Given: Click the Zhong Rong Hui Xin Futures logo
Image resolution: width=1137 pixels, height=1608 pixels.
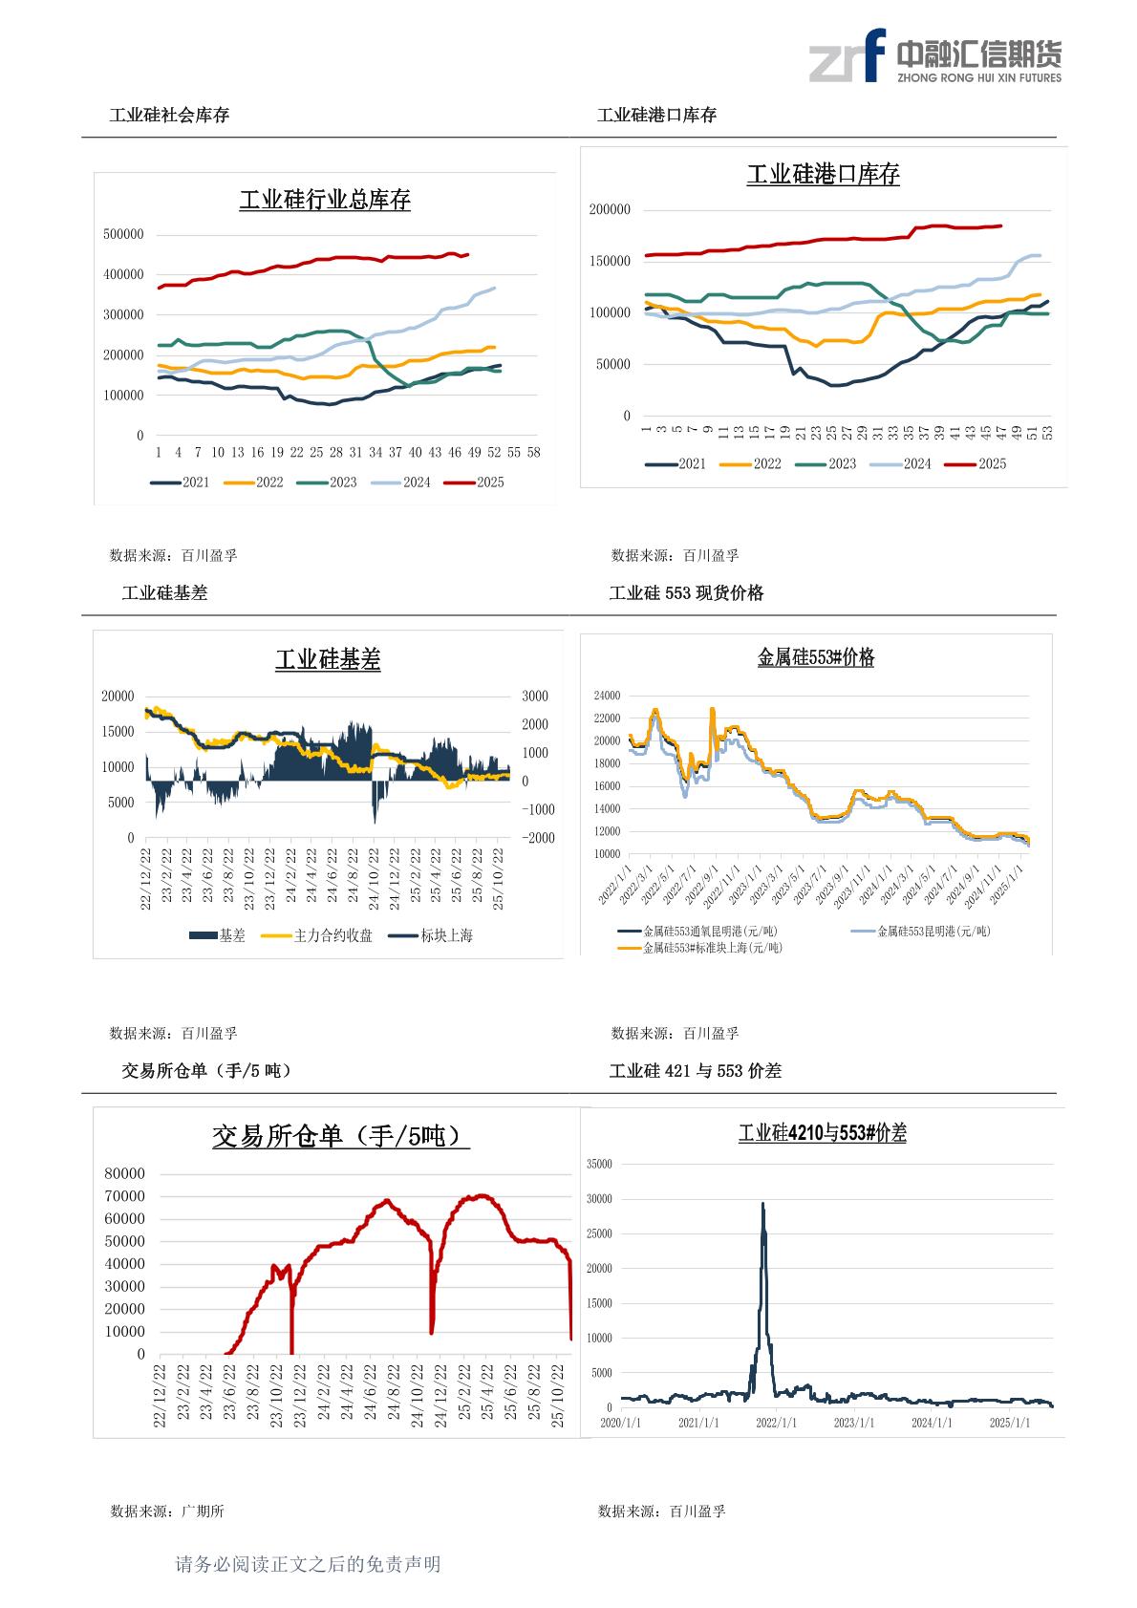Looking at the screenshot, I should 934,56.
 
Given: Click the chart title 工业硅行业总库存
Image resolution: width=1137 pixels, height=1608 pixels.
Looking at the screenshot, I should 325,201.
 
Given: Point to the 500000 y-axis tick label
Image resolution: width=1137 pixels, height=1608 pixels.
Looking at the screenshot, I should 123,234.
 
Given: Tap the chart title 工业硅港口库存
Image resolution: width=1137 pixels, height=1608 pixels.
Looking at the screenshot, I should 823,175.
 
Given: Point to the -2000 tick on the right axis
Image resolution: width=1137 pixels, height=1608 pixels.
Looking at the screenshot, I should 536,838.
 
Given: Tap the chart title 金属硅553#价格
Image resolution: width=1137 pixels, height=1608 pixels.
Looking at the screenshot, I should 815,657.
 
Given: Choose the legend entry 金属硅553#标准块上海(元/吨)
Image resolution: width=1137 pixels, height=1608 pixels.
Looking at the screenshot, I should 701,948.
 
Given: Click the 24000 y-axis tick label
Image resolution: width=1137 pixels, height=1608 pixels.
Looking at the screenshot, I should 607,696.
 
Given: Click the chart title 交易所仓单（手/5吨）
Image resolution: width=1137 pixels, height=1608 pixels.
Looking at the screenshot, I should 340,1136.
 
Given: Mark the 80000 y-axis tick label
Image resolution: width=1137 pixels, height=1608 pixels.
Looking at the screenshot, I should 125,1173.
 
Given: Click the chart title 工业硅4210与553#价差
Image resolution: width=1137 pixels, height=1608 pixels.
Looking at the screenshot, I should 822,1133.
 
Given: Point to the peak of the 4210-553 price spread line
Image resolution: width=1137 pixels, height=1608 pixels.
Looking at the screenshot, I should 762,1204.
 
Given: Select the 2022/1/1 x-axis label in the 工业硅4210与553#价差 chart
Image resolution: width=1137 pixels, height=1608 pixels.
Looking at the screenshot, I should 777,1423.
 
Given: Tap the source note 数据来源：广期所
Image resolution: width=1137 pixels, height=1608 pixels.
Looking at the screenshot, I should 167,1512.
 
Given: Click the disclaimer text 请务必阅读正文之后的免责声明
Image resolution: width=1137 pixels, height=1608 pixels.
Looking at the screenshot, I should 308,1564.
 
